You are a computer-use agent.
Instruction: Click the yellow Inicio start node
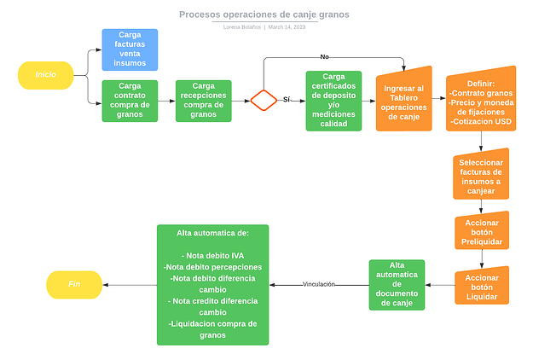(x=46, y=75)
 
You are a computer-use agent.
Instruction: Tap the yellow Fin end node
(x=73, y=284)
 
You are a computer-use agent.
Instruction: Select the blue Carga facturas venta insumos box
(x=130, y=49)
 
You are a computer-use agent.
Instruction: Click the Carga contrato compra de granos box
(x=130, y=101)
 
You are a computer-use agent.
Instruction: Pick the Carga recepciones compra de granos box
(x=203, y=101)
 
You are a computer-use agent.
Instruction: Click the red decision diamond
(x=264, y=100)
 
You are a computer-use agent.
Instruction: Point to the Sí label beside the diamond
(x=287, y=100)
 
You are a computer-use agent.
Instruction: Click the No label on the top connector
(x=324, y=56)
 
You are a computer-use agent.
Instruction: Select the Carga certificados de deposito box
(x=333, y=101)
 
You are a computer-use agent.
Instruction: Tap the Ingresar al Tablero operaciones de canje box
(x=403, y=101)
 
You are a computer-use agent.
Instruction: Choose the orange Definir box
(x=481, y=100)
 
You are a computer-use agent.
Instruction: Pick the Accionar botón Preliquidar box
(x=481, y=232)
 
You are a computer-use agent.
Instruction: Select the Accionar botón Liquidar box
(x=481, y=287)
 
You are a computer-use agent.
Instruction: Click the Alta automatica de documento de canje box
(x=397, y=285)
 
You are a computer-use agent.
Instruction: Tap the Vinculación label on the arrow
(x=319, y=284)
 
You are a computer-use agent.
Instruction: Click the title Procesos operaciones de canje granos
(x=264, y=15)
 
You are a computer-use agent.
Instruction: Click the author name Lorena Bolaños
(x=241, y=27)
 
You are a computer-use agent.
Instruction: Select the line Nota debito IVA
(x=213, y=255)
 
